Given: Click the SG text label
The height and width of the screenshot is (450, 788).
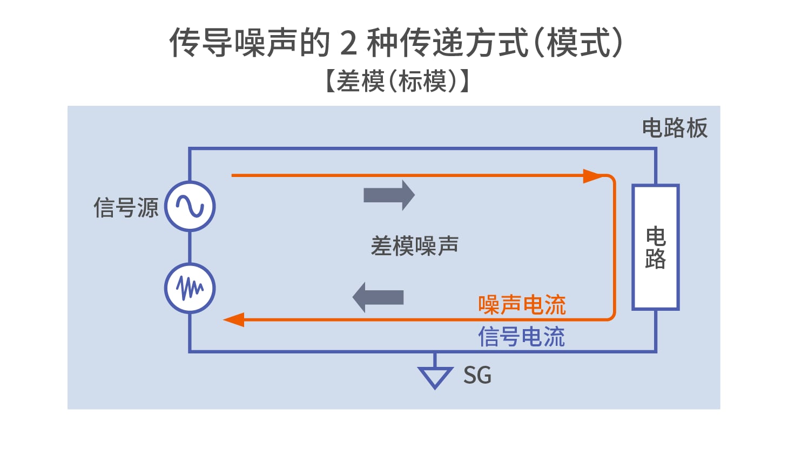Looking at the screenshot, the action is [477, 375].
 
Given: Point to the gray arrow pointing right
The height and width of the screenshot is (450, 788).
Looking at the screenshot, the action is [389, 195].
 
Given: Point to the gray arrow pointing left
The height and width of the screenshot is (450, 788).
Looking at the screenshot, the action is [378, 297].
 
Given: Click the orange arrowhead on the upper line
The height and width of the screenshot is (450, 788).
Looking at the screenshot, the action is [594, 176].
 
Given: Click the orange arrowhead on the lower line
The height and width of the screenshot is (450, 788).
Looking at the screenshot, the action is [234, 319].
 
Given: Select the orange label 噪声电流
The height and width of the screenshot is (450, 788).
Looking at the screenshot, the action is [522, 305].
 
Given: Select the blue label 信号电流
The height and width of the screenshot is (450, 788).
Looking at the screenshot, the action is [521, 337].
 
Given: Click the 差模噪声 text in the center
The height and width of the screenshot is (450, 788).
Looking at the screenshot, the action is [415, 246].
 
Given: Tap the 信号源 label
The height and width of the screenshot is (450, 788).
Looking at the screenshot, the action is [126, 207].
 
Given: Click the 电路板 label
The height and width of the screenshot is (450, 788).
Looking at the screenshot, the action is [675, 128].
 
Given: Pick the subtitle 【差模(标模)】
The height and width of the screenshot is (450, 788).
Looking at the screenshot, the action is [398, 81].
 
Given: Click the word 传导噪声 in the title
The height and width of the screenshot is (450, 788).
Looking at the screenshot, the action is [233, 42].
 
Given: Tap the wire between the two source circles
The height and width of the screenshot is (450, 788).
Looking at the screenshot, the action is [190, 247].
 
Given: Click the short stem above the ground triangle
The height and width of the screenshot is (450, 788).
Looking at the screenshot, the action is [435, 360].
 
